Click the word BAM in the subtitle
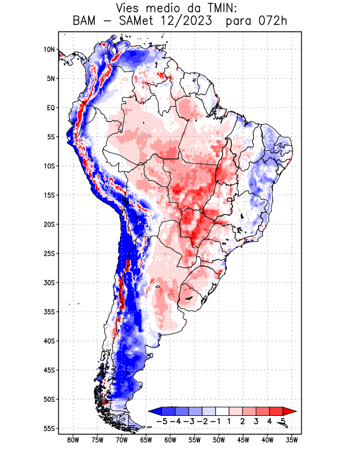coord(86,22)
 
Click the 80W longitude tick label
coord(73,440)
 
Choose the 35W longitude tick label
coord(292,440)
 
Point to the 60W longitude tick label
coord(171,440)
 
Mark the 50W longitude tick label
coord(219,440)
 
